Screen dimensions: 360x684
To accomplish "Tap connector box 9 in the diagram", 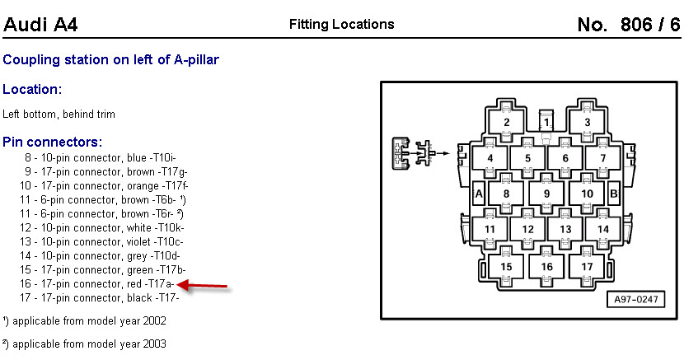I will [546, 194].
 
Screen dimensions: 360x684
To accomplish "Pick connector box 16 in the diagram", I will [546, 266].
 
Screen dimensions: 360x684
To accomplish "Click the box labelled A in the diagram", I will [478, 194].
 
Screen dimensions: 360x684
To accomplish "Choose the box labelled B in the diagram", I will [613, 194].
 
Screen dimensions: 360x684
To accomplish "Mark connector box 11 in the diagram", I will [490, 230].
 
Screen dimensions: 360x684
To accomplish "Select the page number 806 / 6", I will [628, 25].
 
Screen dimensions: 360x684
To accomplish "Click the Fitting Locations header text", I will [341, 25].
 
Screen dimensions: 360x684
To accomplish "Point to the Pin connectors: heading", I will [53, 142].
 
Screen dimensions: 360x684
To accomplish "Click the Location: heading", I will [33, 89].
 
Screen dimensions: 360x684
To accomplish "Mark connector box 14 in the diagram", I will [603, 230].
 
